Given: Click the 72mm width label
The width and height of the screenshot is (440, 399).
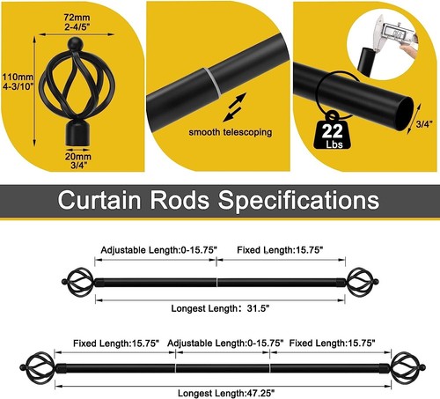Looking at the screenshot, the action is (77, 22).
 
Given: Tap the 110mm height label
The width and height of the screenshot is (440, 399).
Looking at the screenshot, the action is (18, 82).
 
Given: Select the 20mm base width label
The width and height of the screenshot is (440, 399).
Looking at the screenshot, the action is (78, 160).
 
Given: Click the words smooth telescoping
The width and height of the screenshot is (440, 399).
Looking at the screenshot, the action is (231, 132).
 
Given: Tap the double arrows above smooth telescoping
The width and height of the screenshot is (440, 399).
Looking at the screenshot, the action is (234, 107).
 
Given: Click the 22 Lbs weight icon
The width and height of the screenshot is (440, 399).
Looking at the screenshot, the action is (333, 130).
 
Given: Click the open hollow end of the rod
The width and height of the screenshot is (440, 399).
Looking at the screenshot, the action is (406, 114).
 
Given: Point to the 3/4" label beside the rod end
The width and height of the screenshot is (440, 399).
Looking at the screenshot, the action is (424, 124).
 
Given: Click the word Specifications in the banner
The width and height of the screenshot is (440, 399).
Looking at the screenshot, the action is (298, 200).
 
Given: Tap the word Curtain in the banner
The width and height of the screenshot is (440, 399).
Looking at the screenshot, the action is (99, 199).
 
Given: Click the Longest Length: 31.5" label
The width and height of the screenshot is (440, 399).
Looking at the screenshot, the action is (220, 308).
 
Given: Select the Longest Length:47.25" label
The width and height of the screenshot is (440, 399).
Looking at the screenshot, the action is (226, 393).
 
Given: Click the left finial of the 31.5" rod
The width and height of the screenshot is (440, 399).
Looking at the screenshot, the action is (78, 282).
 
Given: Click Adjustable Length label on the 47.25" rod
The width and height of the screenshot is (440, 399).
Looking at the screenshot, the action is (225, 343).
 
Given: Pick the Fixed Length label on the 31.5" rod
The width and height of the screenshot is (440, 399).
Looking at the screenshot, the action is (280, 250).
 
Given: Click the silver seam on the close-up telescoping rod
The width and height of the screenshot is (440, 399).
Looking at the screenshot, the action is (213, 81).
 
